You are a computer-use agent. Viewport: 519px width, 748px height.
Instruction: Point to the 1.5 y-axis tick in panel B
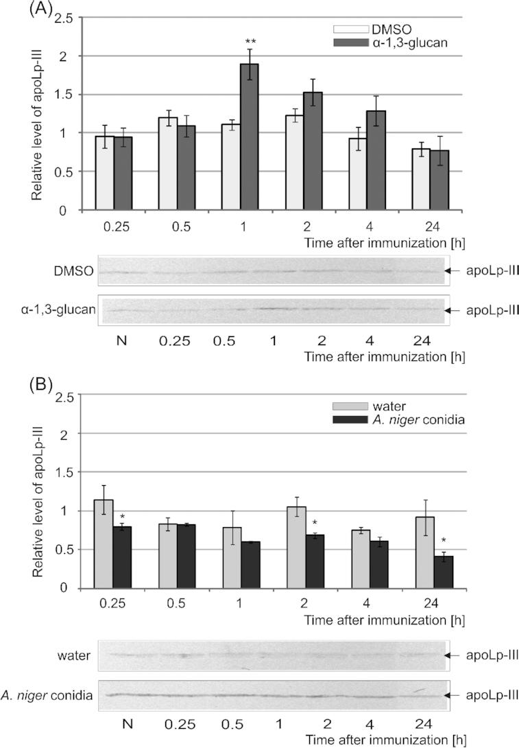click(x=64, y=473)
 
